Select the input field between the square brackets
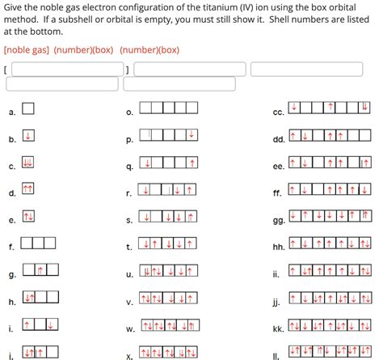[67, 70]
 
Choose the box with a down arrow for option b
[27, 135]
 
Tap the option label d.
[12, 193]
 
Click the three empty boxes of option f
[38, 242]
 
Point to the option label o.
[129, 112]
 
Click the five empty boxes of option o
[168, 108]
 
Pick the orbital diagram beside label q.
[168, 163]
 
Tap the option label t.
[129, 247]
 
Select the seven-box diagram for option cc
[329, 108]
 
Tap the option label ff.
[277, 193]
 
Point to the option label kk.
[277, 330]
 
